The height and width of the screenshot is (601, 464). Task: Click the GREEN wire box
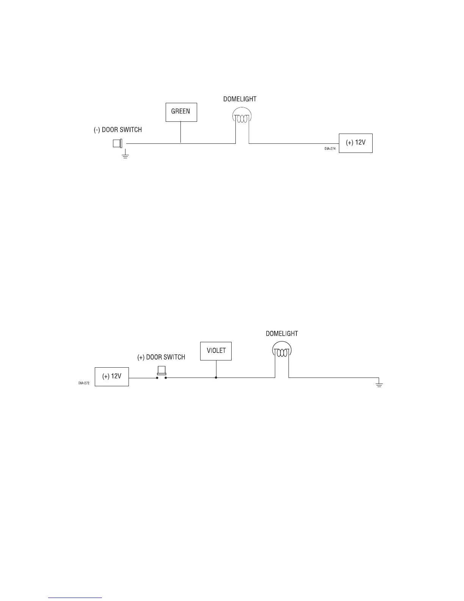tap(181, 112)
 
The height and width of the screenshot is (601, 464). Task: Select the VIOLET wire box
tap(216, 351)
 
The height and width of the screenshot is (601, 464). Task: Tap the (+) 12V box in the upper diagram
tap(356, 143)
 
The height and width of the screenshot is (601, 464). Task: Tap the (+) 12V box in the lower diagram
tap(111, 376)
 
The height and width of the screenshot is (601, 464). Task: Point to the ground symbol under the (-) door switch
tap(125, 154)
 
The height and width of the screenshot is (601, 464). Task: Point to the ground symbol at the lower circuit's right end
tap(379, 384)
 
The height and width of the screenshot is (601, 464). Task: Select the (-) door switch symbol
tap(118, 143)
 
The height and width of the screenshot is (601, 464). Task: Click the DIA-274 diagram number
tap(330, 149)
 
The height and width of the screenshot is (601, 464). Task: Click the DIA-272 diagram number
tap(84, 383)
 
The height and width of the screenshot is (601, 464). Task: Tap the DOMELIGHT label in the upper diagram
tap(240, 99)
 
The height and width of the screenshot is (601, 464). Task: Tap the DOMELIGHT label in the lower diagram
tap(282, 334)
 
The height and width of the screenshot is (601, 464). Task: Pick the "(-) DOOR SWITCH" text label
tap(118, 130)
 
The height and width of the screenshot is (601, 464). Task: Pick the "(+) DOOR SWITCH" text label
tap(161, 357)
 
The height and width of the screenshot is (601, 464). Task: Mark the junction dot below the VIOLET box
tap(216, 378)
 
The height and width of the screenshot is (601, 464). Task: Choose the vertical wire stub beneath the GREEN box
tap(181, 132)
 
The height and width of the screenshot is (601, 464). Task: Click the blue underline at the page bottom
tap(75, 598)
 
